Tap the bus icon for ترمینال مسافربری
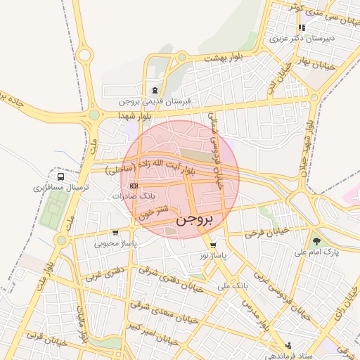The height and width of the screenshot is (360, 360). coord(61,177)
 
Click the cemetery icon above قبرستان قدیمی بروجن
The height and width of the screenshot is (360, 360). coord(154,89)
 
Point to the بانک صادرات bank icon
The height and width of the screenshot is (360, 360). coord(134,186)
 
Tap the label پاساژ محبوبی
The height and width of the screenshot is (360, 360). coord(115,243)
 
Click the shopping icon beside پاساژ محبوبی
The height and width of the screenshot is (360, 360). coord(115,233)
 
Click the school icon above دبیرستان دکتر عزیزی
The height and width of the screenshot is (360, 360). coord(302,27)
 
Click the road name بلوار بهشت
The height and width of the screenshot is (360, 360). coord(227,58)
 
